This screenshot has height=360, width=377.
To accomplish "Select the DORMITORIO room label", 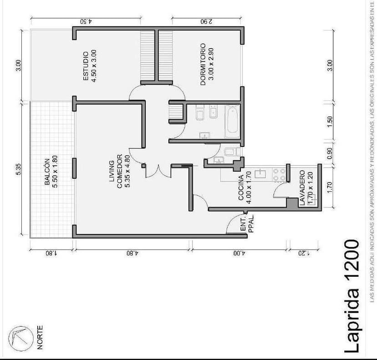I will pos(207,64).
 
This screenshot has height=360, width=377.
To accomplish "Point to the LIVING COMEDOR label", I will pos(119,171).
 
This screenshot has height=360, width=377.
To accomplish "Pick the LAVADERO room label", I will pos(305,188).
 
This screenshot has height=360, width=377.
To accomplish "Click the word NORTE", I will pos(40,337).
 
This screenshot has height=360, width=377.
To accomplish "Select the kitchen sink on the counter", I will pos(261,173).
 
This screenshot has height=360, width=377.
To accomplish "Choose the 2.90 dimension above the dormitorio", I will pos(207,21).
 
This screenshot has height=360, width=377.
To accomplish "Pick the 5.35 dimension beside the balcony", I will pos(18,169).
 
